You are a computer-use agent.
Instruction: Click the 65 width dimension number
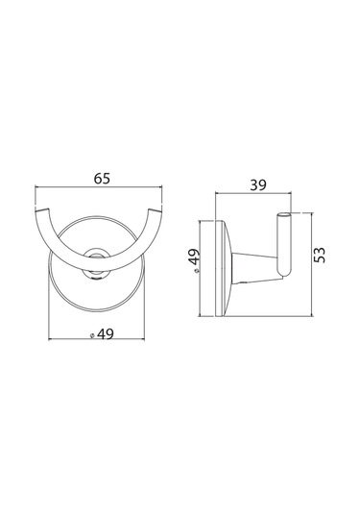pyautogui.click(x=102, y=179)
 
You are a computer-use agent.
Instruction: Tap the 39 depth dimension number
pyautogui.click(x=258, y=185)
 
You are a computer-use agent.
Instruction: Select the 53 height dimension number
pyautogui.click(x=320, y=255)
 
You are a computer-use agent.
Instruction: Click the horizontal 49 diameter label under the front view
pyautogui.click(x=106, y=334)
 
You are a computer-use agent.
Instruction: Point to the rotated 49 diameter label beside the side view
pyautogui.click(x=195, y=257)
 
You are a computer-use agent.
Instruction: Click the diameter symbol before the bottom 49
pyautogui.click(x=92, y=335)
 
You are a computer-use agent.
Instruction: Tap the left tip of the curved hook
pyautogui.click(x=42, y=208)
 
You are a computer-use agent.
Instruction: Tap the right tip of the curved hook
pyautogui.click(x=156, y=209)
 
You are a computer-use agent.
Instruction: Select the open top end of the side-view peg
pyautogui.click(x=284, y=214)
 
